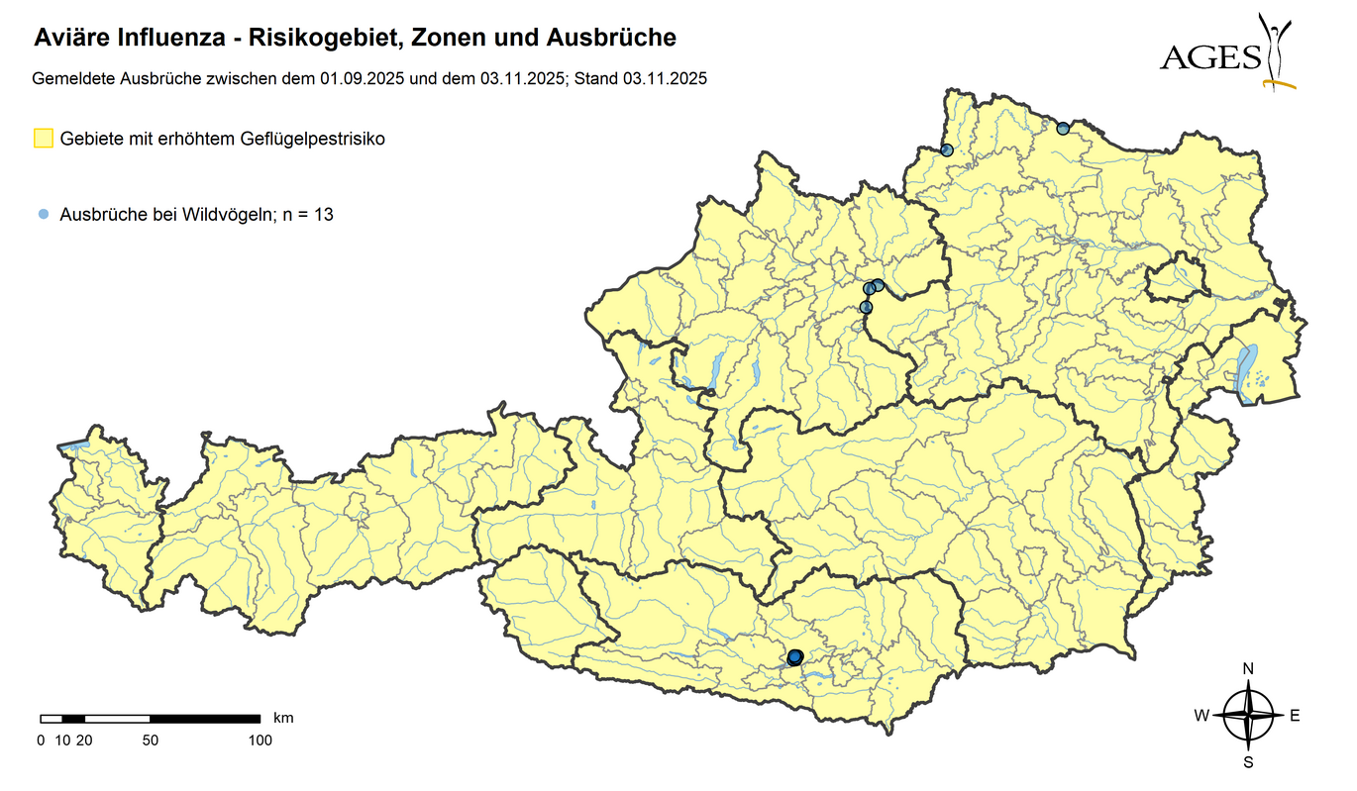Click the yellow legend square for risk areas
coord(43,139)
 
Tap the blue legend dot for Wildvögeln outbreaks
coord(43,214)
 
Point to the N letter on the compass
coord(1248,668)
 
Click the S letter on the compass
coord(1248,762)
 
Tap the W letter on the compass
coord(1200,716)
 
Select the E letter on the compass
coord(1294,716)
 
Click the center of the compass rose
coord(1248,716)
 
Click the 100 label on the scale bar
coord(260,740)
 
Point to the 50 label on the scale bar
coord(150,740)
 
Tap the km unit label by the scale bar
coord(283,717)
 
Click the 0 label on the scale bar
coord(41,740)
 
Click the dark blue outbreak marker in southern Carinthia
coord(794,657)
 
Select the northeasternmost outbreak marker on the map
coord(1063,128)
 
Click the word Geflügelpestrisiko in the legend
coord(312,139)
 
